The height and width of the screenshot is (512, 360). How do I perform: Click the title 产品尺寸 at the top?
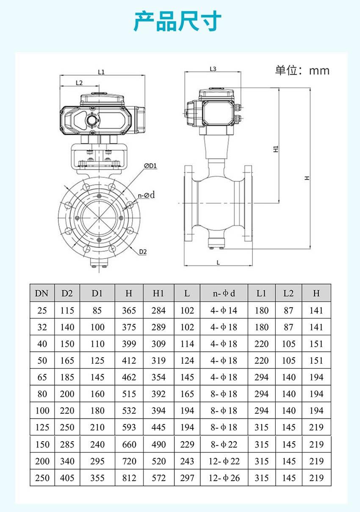pos(177,21)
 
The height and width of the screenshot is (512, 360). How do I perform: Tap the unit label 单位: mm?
pos(302,70)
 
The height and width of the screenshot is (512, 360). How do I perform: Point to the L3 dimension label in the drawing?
pos(213,69)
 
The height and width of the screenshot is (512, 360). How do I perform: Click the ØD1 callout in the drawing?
pos(150,166)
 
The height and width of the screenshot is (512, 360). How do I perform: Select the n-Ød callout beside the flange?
pos(147,195)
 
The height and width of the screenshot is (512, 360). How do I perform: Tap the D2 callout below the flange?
pos(143,252)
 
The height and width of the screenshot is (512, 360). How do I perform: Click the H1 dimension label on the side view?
pos(276,149)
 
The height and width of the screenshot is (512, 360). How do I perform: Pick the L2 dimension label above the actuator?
pos(79,83)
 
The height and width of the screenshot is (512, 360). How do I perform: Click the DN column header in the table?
pos(42,293)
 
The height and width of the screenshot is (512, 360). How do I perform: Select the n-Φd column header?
pos(224,293)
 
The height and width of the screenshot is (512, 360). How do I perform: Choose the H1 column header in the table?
pos(158,293)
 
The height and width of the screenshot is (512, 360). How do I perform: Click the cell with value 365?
pos(129,310)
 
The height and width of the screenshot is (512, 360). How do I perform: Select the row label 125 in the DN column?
pos(42,427)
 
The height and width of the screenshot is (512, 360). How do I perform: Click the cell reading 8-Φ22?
pos(224,444)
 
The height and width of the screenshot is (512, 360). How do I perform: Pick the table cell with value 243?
pos(187,461)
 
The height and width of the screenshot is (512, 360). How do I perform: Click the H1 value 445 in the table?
pos(158,427)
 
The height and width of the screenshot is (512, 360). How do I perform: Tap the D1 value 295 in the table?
pos(97,461)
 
